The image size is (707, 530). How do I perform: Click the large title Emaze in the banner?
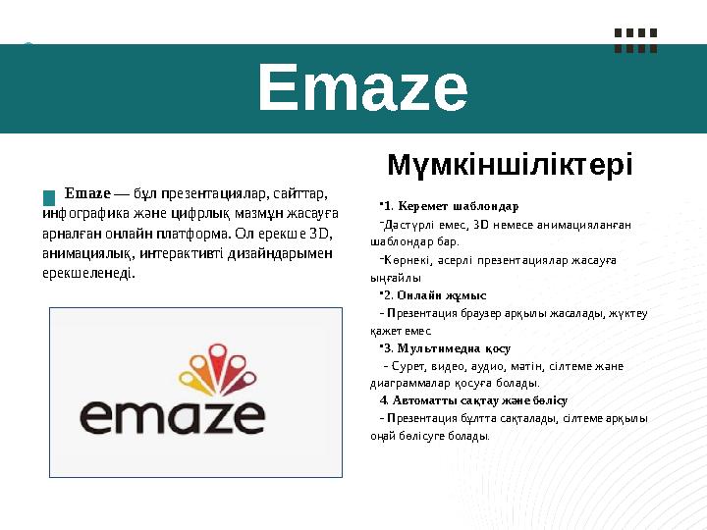coord(362,89)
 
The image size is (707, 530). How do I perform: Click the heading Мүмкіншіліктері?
coord(510,163)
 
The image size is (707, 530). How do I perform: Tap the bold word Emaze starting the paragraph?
coord(86,191)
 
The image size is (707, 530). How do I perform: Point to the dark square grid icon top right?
coord(635,39)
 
